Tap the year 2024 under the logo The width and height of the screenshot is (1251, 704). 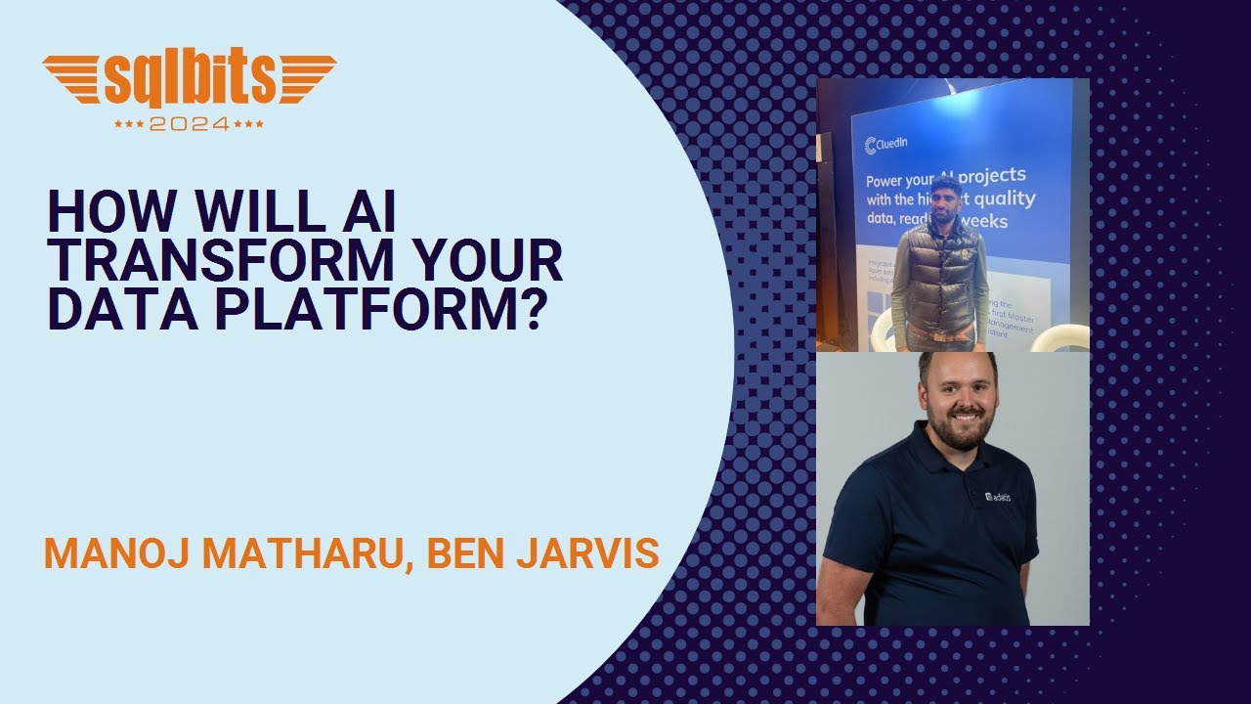tap(190, 124)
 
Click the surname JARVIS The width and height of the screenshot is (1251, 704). tap(593, 553)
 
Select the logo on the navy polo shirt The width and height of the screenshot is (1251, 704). tap(997, 497)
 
